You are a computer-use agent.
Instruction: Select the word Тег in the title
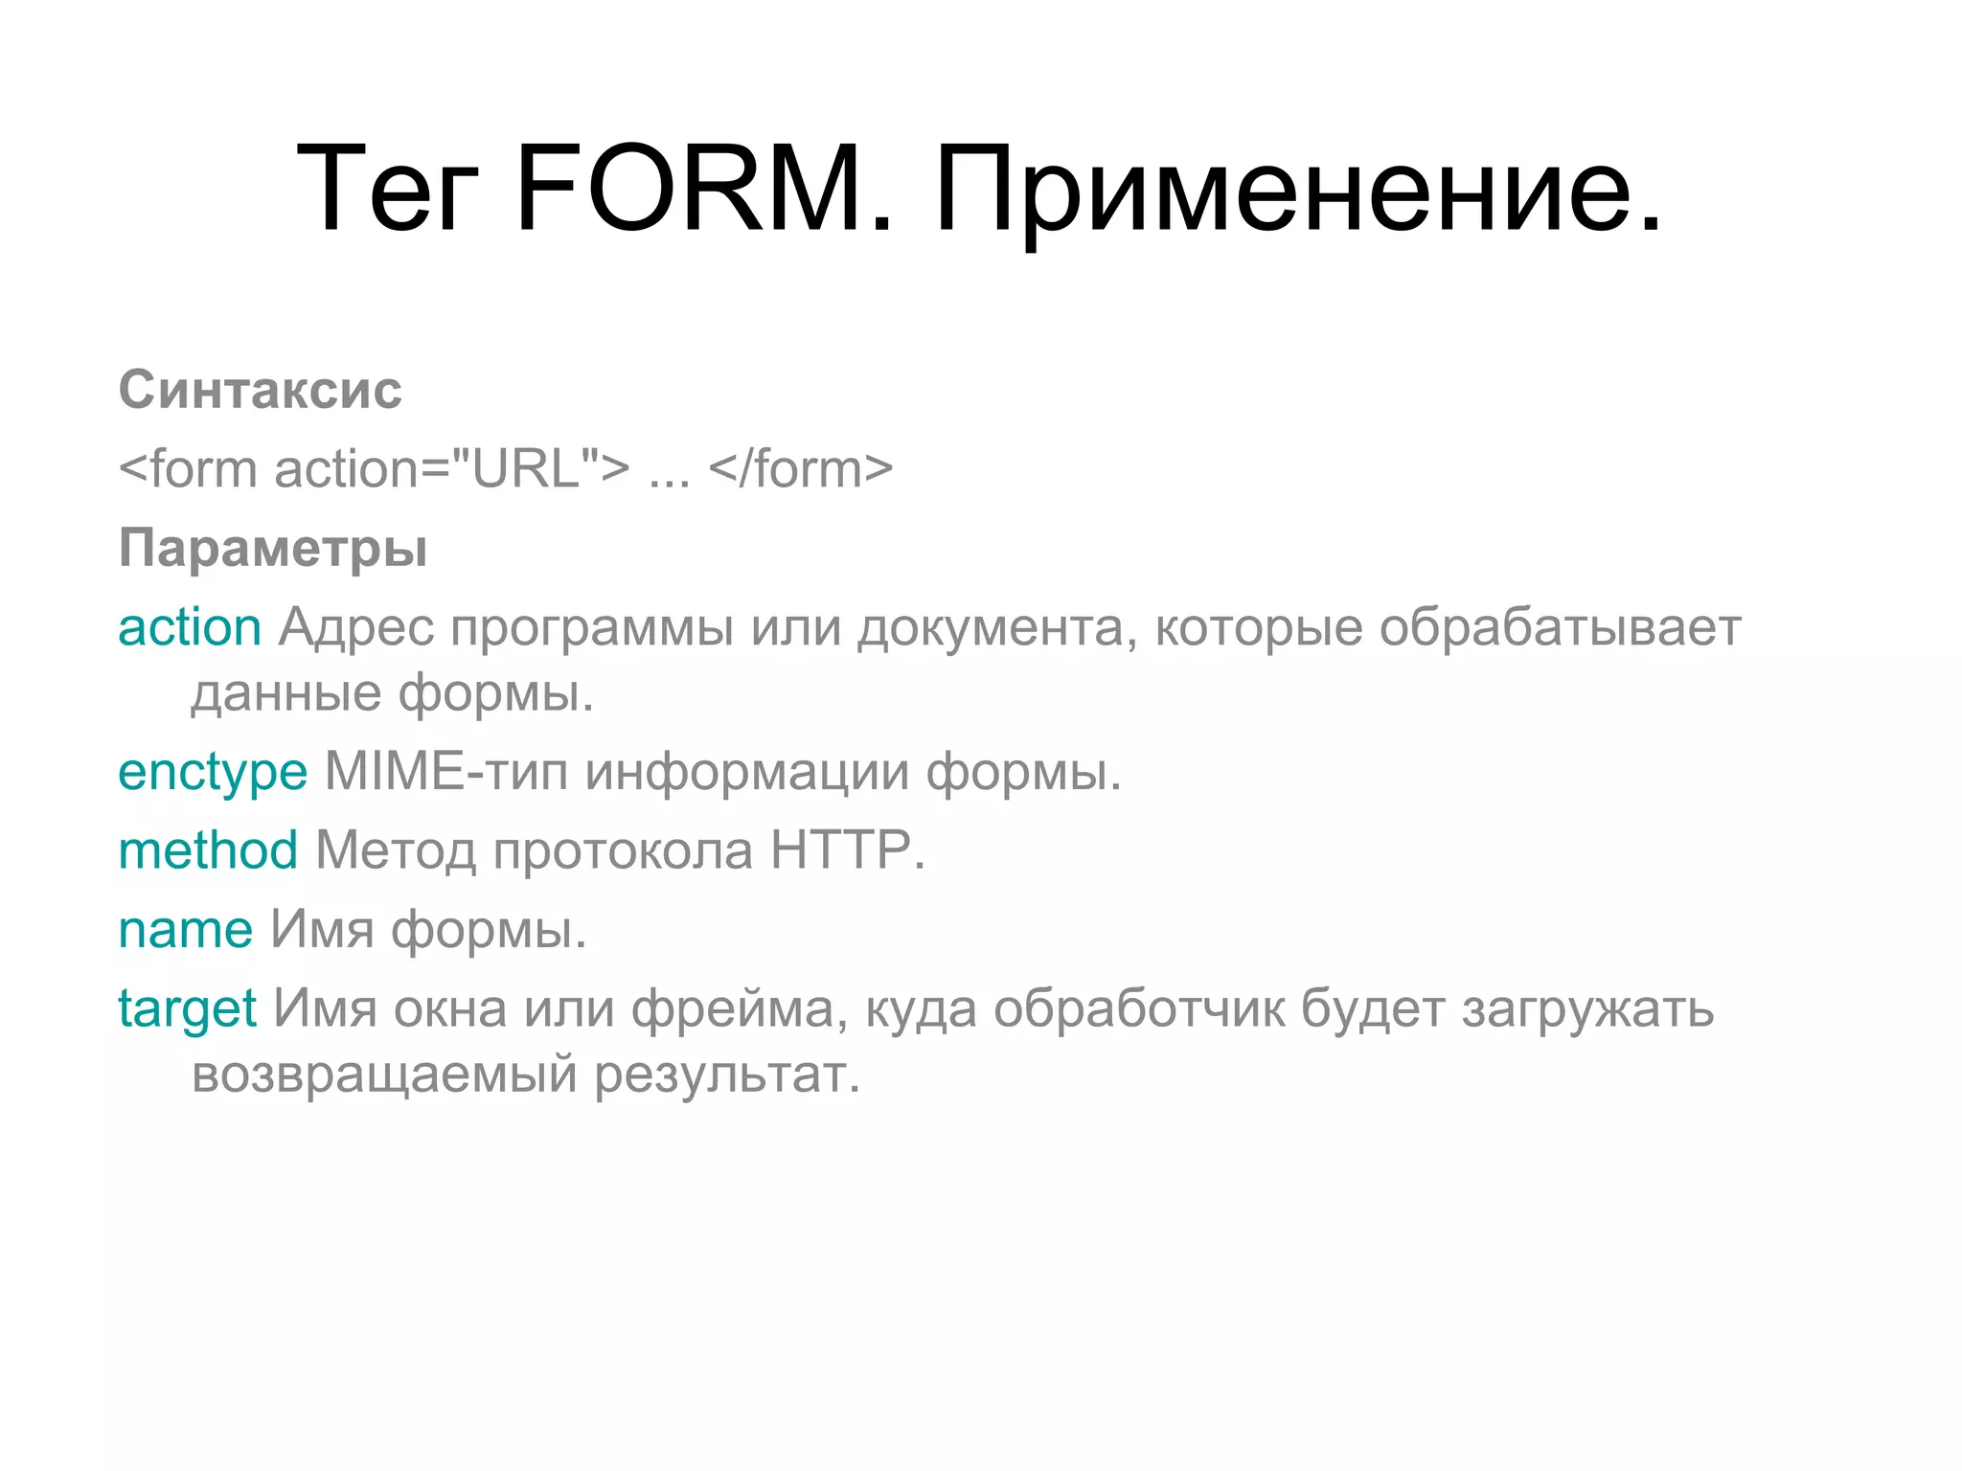387,189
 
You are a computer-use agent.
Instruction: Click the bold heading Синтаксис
260,391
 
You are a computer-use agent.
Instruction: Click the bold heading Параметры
273,549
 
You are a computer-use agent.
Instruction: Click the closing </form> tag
801,469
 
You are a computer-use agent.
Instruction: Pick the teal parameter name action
190,628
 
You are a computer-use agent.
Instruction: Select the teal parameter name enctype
213,772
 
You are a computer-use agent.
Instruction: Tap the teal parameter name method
208,850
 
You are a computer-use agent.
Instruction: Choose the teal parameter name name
185,930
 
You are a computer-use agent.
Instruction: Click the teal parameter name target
187,1009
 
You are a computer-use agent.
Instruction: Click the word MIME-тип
446,772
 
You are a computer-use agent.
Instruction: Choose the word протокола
623,850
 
